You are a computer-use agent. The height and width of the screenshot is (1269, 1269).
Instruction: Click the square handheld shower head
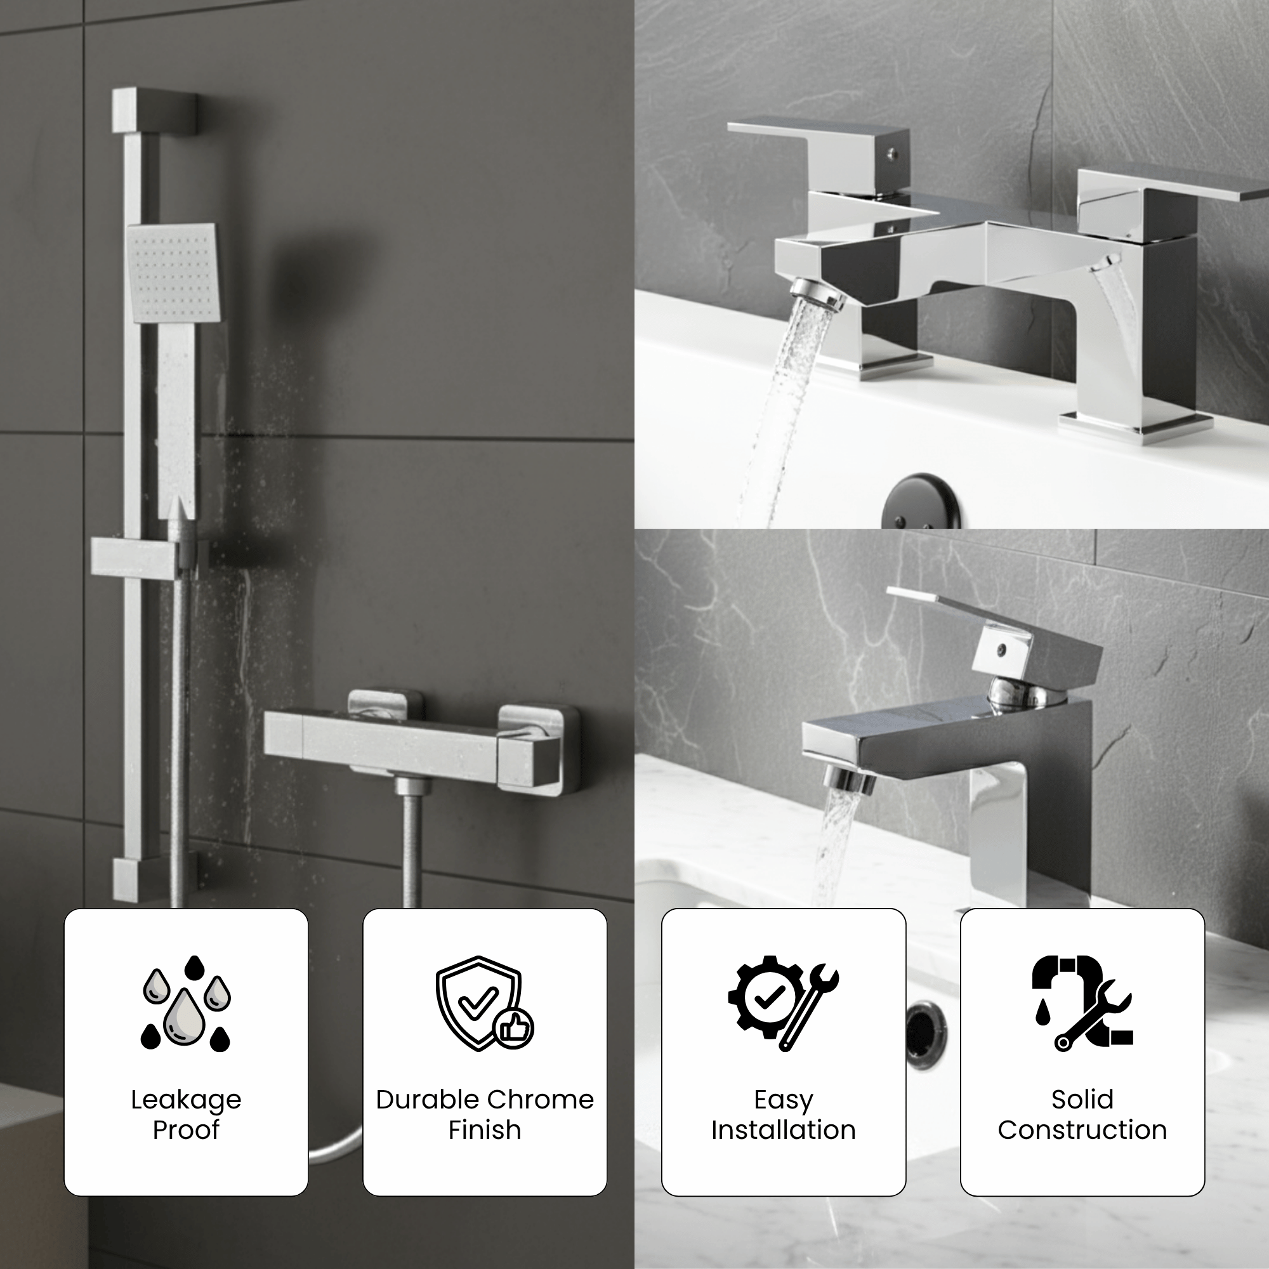(174, 272)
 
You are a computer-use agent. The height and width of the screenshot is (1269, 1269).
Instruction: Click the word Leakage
(186, 1100)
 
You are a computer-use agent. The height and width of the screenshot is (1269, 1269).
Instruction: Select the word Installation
(783, 1131)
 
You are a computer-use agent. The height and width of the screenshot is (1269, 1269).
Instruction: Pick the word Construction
(1082, 1131)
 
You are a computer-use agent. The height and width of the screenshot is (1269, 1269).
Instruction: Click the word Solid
(1082, 1100)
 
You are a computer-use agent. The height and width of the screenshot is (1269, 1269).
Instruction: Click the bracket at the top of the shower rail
(154, 112)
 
